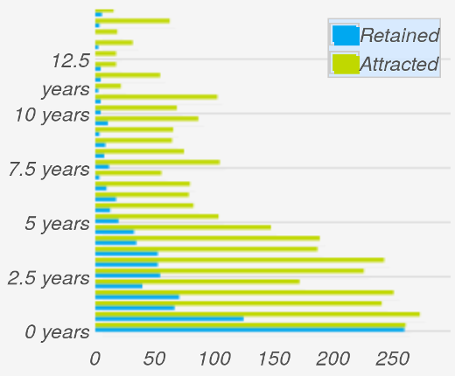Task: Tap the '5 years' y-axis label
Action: pyautogui.click(x=57, y=224)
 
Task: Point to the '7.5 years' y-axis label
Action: pyautogui.click(x=49, y=169)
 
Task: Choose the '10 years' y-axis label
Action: pyautogui.click(x=53, y=115)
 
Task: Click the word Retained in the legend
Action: pyautogui.click(x=399, y=36)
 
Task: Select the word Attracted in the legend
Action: pyautogui.click(x=398, y=65)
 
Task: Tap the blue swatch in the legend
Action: pyautogui.click(x=345, y=36)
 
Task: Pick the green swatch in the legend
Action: pyautogui.click(x=345, y=64)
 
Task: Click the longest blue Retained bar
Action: pyautogui.click(x=249, y=330)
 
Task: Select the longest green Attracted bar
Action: pyautogui.click(x=257, y=314)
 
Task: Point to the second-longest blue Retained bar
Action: pyautogui.click(x=169, y=318)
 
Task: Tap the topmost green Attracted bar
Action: pyautogui.click(x=104, y=10)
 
